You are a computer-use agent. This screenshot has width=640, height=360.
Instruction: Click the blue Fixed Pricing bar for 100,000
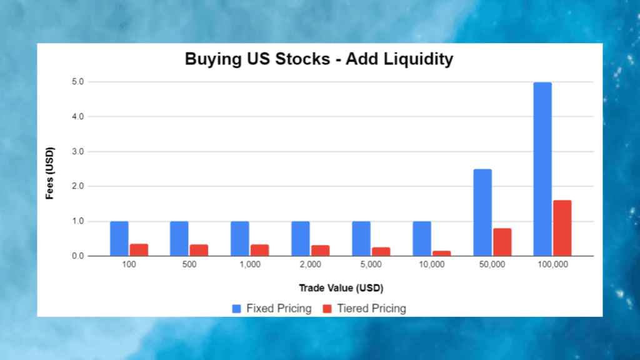[x=542, y=169]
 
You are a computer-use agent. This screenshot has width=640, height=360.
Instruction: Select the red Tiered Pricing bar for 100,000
[x=562, y=228]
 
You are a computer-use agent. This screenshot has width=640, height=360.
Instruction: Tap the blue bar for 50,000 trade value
[x=482, y=212]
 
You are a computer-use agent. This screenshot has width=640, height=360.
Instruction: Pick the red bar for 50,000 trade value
[x=502, y=242]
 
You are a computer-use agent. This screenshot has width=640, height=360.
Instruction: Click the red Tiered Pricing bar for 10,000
[x=441, y=253]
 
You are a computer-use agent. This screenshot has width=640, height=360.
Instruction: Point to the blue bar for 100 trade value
[x=119, y=239]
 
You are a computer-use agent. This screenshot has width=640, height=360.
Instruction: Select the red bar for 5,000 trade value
[x=381, y=251]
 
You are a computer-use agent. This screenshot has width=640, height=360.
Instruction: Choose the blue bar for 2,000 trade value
[x=301, y=239]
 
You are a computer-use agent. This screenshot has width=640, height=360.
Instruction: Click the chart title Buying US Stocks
[x=319, y=60]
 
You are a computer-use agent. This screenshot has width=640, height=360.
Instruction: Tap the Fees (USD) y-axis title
[x=51, y=173]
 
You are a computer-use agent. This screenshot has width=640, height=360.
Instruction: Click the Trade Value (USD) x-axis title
[x=341, y=288]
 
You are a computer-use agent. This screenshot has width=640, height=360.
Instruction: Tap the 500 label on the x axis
[x=189, y=265]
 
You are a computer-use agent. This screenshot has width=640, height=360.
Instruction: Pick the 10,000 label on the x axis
[x=431, y=265]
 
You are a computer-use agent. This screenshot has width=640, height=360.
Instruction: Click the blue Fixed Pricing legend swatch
[x=236, y=308]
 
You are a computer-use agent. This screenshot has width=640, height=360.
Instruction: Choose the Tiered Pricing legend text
[x=371, y=308]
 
